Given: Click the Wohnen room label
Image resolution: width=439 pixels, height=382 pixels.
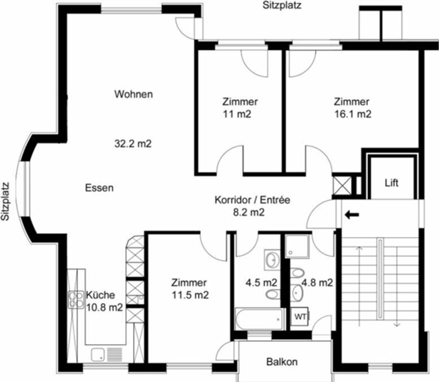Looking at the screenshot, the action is click(134, 94).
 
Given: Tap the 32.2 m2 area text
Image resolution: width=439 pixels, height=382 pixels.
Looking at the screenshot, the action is click(133, 143).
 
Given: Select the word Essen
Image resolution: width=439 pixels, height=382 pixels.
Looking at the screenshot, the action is click(100, 188).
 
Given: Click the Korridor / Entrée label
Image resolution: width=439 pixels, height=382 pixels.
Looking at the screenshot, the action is click(252, 200).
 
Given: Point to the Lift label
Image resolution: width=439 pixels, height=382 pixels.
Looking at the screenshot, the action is click(391, 183).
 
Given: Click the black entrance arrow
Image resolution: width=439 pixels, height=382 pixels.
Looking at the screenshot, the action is click(352, 214).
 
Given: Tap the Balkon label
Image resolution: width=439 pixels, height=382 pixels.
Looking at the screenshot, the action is click(282, 362).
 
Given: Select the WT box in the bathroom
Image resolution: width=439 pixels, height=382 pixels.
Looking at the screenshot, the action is click(300, 317).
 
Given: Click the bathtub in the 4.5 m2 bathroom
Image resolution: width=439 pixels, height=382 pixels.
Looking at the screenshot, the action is click(260, 319).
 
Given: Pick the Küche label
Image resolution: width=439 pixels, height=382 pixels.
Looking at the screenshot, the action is click(100, 295).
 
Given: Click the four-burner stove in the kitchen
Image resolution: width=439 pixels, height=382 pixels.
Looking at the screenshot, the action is click(76, 300).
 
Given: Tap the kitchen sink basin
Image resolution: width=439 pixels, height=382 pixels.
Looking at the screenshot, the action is click(98, 355).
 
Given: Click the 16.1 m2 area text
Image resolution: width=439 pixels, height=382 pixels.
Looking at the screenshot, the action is click(353, 114).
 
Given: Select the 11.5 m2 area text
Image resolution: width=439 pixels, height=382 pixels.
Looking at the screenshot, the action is click(190, 295).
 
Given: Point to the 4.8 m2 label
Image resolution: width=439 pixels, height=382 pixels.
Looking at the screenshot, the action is click(317, 283).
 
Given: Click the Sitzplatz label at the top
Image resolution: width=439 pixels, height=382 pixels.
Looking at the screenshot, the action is click(282, 5).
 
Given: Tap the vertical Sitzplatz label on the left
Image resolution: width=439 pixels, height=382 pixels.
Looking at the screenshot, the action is click(5, 202).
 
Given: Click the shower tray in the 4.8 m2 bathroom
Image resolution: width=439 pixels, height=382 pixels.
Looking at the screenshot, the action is click(297, 246).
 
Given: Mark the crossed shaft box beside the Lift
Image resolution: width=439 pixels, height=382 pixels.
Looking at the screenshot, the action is click(342, 186).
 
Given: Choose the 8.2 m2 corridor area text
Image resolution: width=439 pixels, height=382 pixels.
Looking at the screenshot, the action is click(249, 213).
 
